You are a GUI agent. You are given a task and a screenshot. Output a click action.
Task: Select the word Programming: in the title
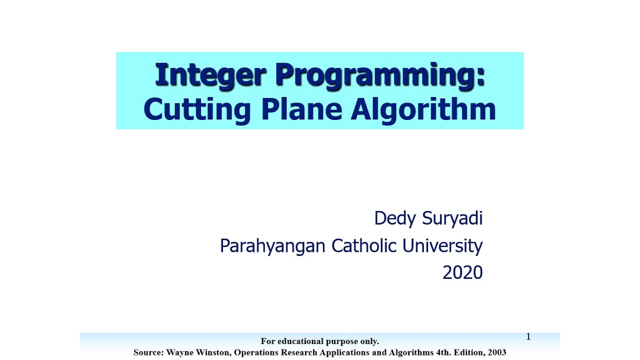tap(380, 76)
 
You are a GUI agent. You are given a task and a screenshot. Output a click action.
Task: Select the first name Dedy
tap(395, 218)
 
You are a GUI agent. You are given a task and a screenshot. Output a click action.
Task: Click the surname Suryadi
tap(452, 218)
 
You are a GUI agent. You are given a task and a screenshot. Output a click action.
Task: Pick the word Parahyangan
tap(273, 246)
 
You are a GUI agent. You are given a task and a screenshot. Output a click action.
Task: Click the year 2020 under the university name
tap(462, 272)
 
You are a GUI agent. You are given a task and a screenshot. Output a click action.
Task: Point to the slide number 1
tap(528, 337)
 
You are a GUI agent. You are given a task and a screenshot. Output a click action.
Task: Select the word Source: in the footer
tap(148, 352)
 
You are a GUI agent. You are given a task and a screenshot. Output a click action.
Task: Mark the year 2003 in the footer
tap(496, 352)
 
